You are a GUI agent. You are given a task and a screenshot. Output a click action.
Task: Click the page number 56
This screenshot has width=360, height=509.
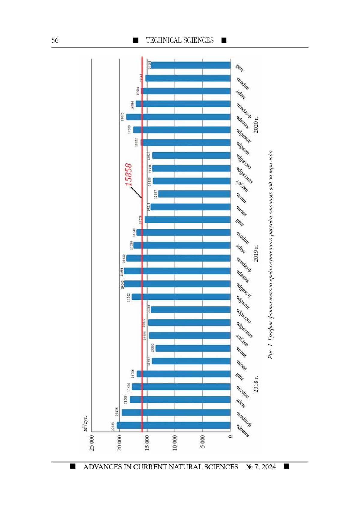pyautogui.click(x=55, y=40)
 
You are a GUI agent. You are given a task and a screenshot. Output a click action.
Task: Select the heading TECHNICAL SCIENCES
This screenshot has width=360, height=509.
pyautogui.click(x=180, y=40)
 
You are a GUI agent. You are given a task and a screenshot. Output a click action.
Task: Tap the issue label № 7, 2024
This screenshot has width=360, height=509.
pyautogui.click(x=261, y=467)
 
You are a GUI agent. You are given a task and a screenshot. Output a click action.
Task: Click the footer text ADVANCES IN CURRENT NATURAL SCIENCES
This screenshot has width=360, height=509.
pyautogui.click(x=161, y=467)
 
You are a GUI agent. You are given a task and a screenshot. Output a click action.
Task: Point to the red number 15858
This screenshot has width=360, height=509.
pyautogui.click(x=128, y=174)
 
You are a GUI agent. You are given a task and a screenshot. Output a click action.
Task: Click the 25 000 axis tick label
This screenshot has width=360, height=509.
pyautogui.click(x=92, y=443)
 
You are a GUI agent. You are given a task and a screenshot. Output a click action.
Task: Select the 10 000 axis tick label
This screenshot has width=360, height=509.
pyautogui.click(x=175, y=443)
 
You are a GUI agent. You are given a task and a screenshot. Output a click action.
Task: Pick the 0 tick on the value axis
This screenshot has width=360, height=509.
pyautogui.click(x=230, y=436)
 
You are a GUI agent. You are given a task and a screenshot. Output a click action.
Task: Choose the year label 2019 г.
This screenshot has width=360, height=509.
pyautogui.click(x=256, y=253)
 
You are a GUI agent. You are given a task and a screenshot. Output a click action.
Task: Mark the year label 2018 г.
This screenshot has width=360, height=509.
pyautogui.click(x=256, y=384)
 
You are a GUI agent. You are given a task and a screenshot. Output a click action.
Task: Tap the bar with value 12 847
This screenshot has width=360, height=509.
pyautogui.click(x=194, y=194)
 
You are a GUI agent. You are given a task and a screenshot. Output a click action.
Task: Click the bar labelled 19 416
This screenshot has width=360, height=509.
pyautogui.click(x=176, y=412)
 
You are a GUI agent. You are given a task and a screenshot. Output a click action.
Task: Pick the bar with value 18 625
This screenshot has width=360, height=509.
pyautogui.click(x=178, y=117)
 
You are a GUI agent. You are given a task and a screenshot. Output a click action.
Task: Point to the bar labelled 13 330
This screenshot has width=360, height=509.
pyautogui.click(x=193, y=348)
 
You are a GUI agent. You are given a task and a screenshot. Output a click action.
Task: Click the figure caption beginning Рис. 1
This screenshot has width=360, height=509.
pyautogui.click(x=271, y=255)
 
